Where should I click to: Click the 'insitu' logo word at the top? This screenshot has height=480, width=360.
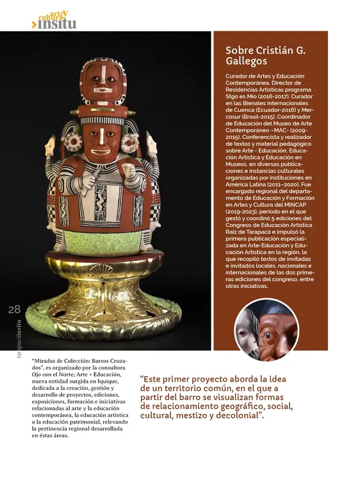pos(57,24)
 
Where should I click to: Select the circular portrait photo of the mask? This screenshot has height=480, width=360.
pos(266,330)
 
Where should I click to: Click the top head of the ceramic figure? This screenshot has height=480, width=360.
pos(102,81)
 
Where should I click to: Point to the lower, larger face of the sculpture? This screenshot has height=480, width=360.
pos(102,141)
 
